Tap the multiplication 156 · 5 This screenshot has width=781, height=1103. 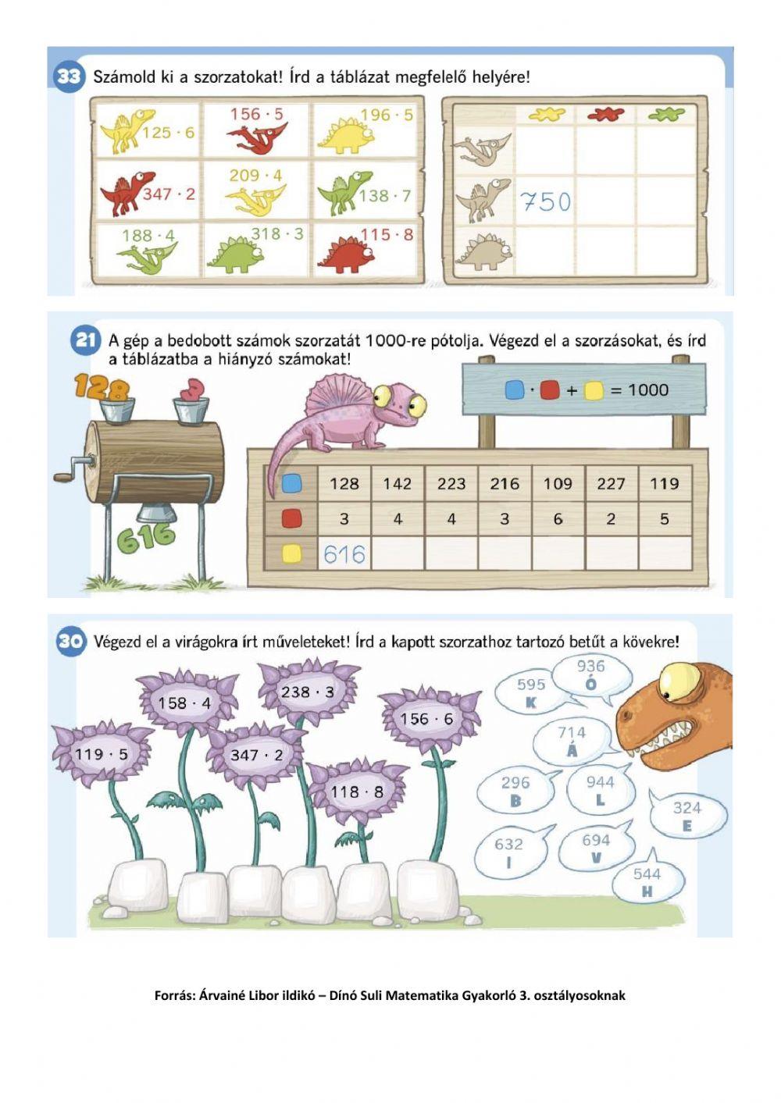pyautogui.click(x=257, y=114)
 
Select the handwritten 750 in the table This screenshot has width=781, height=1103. pyautogui.click(x=545, y=201)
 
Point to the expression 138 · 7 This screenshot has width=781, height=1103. pyautogui.click(x=385, y=196)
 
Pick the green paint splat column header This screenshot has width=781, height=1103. pyautogui.click(x=666, y=115)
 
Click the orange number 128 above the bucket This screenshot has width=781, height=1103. pyautogui.click(x=101, y=386)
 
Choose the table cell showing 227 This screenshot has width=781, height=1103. pyautogui.click(x=611, y=484)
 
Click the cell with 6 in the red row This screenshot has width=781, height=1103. pyautogui.click(x=558, y=519)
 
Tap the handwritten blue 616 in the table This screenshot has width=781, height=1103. pyautogui.click(x=344, y=554)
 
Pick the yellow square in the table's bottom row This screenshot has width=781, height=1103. pyautogui.click(x=291, y=554)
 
